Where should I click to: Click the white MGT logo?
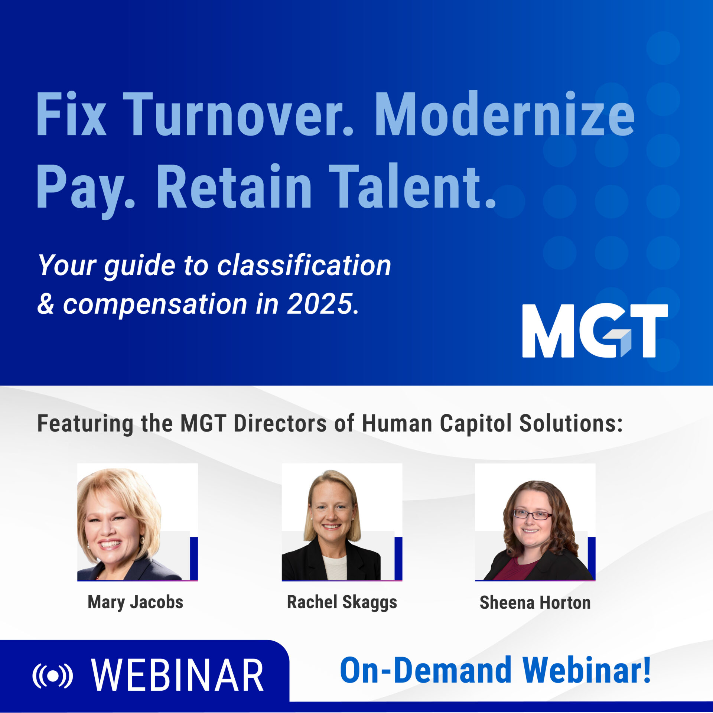pos(595,331)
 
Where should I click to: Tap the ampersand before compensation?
pos(46,304)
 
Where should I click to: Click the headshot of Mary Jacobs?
pos(137,522)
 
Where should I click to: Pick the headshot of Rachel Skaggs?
pos(342,522)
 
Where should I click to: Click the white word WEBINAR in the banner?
pos(178,675)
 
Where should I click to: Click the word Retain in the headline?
pos(234,186)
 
